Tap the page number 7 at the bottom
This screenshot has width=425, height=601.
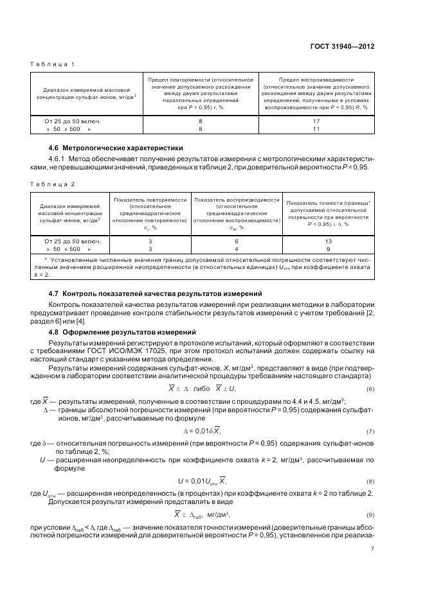373,548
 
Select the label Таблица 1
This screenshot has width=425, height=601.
53,64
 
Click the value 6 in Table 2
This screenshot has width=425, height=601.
237,241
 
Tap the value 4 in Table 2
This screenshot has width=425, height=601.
237,248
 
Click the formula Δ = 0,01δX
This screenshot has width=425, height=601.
202,430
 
